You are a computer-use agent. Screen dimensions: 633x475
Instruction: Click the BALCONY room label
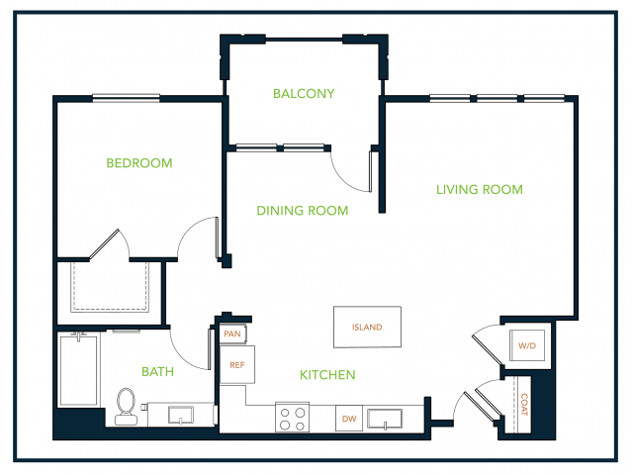tap(304, 94)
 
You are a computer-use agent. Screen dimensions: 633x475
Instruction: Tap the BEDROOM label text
tap(139, 163)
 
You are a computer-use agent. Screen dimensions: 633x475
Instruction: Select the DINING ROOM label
tap(303, 211)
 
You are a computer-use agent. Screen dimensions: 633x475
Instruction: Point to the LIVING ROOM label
tap(480, 189)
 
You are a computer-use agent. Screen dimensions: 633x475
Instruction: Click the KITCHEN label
tap(327, 375)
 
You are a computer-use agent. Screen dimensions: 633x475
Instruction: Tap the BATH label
tap(157, 372)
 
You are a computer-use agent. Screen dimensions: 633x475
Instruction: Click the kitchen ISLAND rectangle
tap(367, 327)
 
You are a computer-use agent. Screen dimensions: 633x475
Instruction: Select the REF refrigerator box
tap(237, 364)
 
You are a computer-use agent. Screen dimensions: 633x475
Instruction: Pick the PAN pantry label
tap(232, 334)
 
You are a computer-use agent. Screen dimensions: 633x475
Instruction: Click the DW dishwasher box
tap(349, 419)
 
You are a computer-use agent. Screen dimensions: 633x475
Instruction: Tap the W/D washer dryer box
tap(527, 345)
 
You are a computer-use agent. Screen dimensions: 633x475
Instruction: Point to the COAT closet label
tap(524, 405)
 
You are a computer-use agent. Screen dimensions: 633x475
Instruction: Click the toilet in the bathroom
tap(126, 406)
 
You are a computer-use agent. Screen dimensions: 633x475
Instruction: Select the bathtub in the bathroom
tap(79, 370)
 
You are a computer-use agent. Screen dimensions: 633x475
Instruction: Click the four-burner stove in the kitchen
tap(293, 418)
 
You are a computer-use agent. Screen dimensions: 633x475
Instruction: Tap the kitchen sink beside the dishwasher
tap(385, 419)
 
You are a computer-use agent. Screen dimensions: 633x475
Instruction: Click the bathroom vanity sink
tap(180, 415)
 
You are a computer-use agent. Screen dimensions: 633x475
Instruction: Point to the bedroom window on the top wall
tap(127, 98)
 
